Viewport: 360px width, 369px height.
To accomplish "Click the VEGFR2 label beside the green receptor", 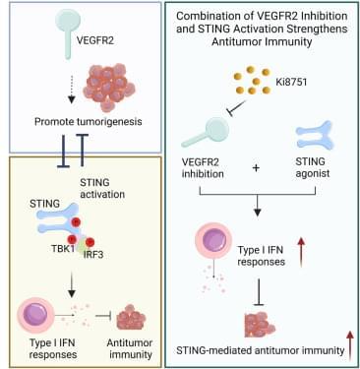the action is (95, 40).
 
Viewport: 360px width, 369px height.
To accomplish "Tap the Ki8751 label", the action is (291, 82).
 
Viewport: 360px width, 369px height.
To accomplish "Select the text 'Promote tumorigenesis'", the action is (89, 122).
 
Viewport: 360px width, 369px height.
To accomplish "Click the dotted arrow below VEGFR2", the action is (72, 89).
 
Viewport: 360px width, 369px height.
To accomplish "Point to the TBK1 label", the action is (63, 248).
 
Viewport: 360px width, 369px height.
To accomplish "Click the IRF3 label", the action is (93, 254).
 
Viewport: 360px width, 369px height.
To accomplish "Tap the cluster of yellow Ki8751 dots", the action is (252, 80).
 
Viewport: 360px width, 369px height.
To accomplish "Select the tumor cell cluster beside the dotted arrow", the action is (109, 87).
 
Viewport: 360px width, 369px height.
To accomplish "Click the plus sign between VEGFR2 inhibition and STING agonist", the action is (256, 168).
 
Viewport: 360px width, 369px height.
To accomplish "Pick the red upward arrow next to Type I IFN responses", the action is (301, 252).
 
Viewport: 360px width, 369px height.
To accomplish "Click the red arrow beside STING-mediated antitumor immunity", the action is (350, 345).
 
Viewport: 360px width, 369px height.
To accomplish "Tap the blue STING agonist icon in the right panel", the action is (315, 135).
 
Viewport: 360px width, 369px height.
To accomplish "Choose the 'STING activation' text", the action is (102, 188).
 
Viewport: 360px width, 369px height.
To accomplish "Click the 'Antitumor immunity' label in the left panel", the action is (130, 348).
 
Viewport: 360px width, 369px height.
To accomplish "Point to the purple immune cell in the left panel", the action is (35, 315).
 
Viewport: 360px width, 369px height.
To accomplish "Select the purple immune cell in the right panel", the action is (213, 241).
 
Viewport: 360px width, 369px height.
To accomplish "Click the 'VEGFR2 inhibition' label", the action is (203, 167).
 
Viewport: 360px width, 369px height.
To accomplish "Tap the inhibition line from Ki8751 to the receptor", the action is (238, 108).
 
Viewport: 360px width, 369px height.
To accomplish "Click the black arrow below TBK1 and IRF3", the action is (72, 284).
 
